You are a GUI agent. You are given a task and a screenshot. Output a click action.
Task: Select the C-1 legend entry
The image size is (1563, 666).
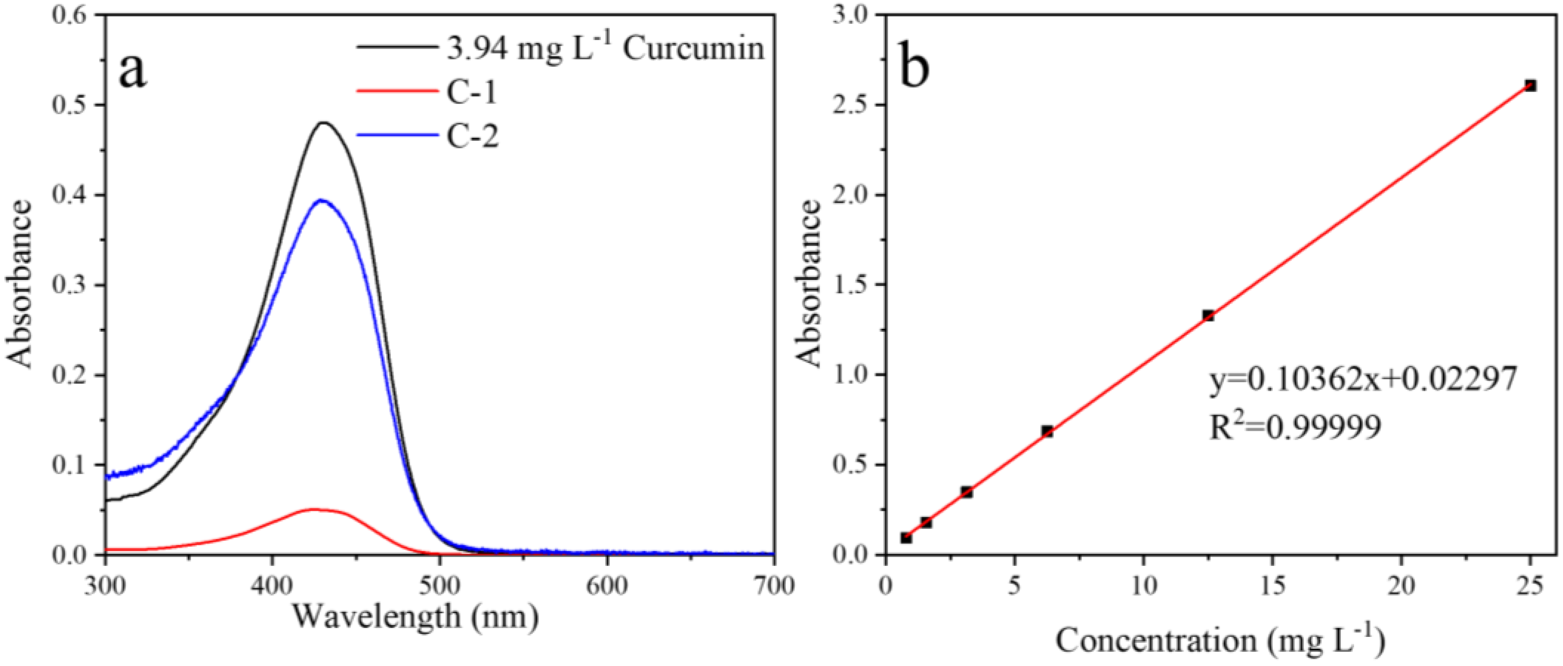pos(471,93)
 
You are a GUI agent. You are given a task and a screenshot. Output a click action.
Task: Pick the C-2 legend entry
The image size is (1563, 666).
pos(473,137)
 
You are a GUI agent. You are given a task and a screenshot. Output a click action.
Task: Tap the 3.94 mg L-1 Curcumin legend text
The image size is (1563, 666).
pos(605,48)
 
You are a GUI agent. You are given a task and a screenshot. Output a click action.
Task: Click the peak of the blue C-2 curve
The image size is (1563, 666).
pos(321,200)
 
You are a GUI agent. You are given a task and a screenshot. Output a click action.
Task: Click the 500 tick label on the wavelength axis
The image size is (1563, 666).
pos(439,586)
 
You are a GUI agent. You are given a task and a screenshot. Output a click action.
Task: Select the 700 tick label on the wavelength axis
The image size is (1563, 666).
pos(772,586)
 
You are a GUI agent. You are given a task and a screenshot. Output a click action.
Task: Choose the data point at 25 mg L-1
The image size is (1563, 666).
pos(1530,85)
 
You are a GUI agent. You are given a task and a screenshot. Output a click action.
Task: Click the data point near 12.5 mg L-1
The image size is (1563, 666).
pos(1208,315)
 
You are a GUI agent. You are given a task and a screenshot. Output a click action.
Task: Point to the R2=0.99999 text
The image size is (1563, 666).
pos(1295,427)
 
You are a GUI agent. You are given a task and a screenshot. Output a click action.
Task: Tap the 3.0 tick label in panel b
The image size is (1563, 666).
pos(853,15)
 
